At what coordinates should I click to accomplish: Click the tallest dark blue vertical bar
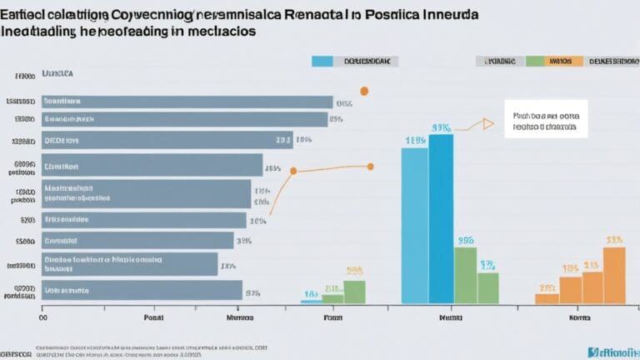[441, 218]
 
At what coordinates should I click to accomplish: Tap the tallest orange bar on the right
[614, 275]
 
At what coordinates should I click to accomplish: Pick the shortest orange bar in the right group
[547, 298]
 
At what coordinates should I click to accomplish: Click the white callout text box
[545, 118]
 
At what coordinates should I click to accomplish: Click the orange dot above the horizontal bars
[363, 92]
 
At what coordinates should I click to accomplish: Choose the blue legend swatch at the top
[322, 61]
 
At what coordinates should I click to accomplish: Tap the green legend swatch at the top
[535, 61]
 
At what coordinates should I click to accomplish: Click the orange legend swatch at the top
[564, 61]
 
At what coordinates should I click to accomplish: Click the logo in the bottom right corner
[612, 352]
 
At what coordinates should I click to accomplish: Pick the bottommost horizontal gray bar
[141, 289]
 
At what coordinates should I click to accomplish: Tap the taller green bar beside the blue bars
[354, 291]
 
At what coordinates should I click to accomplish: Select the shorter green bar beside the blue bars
[332, 298]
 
